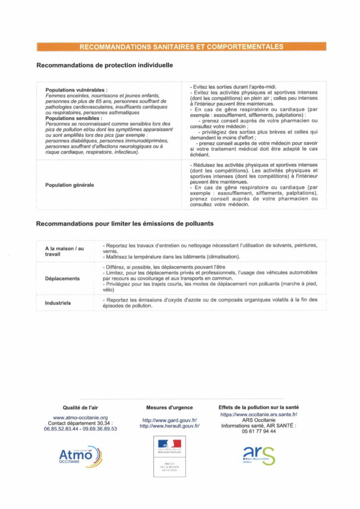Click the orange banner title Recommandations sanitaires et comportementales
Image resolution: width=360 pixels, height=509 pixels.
[181, 47]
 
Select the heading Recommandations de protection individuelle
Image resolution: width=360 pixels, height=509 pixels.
[104, 65]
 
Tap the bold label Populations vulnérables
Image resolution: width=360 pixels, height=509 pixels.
[76, 90]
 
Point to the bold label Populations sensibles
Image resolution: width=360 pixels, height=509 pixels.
[74, 119]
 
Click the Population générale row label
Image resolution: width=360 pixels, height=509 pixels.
[70, 185]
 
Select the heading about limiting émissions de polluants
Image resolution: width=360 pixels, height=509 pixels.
[125, 224]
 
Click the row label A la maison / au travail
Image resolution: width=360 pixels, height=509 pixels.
[65, 251]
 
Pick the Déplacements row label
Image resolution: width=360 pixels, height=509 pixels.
[62, 278]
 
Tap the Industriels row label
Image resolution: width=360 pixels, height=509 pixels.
[58, 302]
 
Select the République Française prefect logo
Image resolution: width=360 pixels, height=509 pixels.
[170, 456]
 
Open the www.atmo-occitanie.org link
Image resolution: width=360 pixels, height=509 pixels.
[81, 418]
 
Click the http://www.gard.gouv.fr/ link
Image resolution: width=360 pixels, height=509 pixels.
[170, 420]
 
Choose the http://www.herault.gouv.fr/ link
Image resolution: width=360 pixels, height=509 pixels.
[170, 426]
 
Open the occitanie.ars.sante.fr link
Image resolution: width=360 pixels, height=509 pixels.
[259, 414]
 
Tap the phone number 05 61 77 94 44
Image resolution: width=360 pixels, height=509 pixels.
[259, 431]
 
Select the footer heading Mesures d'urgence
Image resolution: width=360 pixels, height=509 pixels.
[170, 408]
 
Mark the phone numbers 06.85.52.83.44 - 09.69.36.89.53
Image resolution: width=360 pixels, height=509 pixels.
[81, 429]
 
